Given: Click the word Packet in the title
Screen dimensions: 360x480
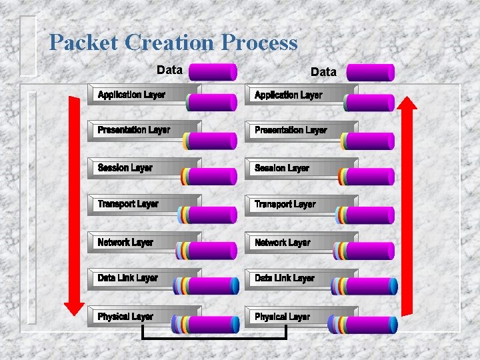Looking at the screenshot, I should pyautogui.click(x=84, y=43).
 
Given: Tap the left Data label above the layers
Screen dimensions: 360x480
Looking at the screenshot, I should pyautogui.click(x=169, y=69).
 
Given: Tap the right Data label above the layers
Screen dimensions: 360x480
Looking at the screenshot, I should pyautogui.click(x=323, y=71).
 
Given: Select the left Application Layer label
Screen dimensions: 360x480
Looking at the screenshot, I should pyautogui.click(x=131, y=95).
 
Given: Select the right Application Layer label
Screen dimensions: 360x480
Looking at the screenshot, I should pyautogui.click(x=288, y=95).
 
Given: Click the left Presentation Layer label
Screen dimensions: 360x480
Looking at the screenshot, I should pyautogui.click(x=133, y=130).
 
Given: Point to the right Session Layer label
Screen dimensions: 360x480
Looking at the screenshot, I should pyautogui.click(x=281, y=168).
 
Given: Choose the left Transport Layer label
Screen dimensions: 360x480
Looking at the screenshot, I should pyautogui.click(x=128, y=204).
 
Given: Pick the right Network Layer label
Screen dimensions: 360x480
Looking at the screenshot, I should pyautogui.click(x=282, y=243).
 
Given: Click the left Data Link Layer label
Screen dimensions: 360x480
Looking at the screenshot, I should pyautogui.click(x=127, y=278).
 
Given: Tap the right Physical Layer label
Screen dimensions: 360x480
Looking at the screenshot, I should pyautogui.click(x=282, y=317).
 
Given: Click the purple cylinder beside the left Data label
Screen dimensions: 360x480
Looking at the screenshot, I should pyautogui.click(x=213, y=71).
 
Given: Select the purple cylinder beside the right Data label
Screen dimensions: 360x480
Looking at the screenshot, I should pyautogui.click(x=370, y=72).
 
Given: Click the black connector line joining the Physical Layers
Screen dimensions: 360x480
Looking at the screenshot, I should pyautogui.click(x=215, y=338).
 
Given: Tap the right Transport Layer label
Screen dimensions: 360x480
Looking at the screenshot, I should pyautogui.click(x=285, y=204).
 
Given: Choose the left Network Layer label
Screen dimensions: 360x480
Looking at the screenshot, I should pyautogui.click(x=125, y=243).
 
